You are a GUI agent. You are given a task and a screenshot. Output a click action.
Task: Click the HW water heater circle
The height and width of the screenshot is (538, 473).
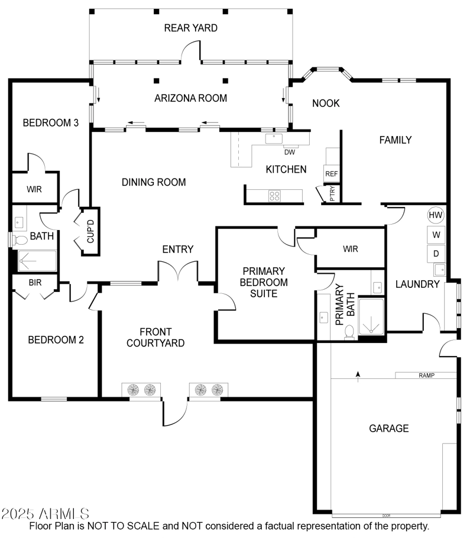tap(436, 215)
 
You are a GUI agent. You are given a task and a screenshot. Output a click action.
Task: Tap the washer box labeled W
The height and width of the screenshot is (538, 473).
tap(436, 235)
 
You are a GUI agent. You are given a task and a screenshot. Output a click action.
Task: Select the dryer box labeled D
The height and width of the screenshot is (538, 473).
tap(436, 254)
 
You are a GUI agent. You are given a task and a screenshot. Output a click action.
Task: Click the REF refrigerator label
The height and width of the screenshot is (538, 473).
tap(331, 174)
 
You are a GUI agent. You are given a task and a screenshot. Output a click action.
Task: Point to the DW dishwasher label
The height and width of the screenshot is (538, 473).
tap(289, 151)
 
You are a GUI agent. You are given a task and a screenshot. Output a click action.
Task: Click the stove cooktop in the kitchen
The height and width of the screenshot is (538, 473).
tap(274, 196)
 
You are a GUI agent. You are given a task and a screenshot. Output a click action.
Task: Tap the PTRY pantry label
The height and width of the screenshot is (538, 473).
tap(332, 194)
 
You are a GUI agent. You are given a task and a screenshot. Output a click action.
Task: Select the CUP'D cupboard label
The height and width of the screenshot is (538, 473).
tap(90, 231)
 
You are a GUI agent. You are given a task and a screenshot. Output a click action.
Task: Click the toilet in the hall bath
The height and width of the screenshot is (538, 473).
tap(21, 239)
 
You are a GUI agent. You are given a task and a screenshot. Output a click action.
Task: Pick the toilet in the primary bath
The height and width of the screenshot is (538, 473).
tap(349, 332)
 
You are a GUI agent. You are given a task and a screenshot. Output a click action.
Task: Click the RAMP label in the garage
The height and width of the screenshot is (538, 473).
tap(426, 375)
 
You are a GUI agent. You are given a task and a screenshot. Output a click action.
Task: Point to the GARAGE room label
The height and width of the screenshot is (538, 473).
tap(388, 429)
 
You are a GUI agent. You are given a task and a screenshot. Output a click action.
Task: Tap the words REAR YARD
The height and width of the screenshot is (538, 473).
tap(190, 28)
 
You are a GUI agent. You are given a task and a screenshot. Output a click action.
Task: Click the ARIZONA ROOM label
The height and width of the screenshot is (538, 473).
tap(190, 98)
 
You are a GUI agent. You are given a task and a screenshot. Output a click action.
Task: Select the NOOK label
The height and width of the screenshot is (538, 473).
tap(326, 103)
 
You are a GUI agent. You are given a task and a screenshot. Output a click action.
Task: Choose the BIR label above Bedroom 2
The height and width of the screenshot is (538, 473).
tap(35, 283)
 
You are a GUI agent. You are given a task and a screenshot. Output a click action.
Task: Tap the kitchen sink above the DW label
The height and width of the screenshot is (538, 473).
tap(274, 138)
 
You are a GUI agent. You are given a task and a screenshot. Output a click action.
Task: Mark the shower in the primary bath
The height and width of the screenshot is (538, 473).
tap(371, 317)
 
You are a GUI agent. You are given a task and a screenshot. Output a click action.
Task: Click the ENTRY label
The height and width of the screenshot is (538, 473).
tap(178, 249)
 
